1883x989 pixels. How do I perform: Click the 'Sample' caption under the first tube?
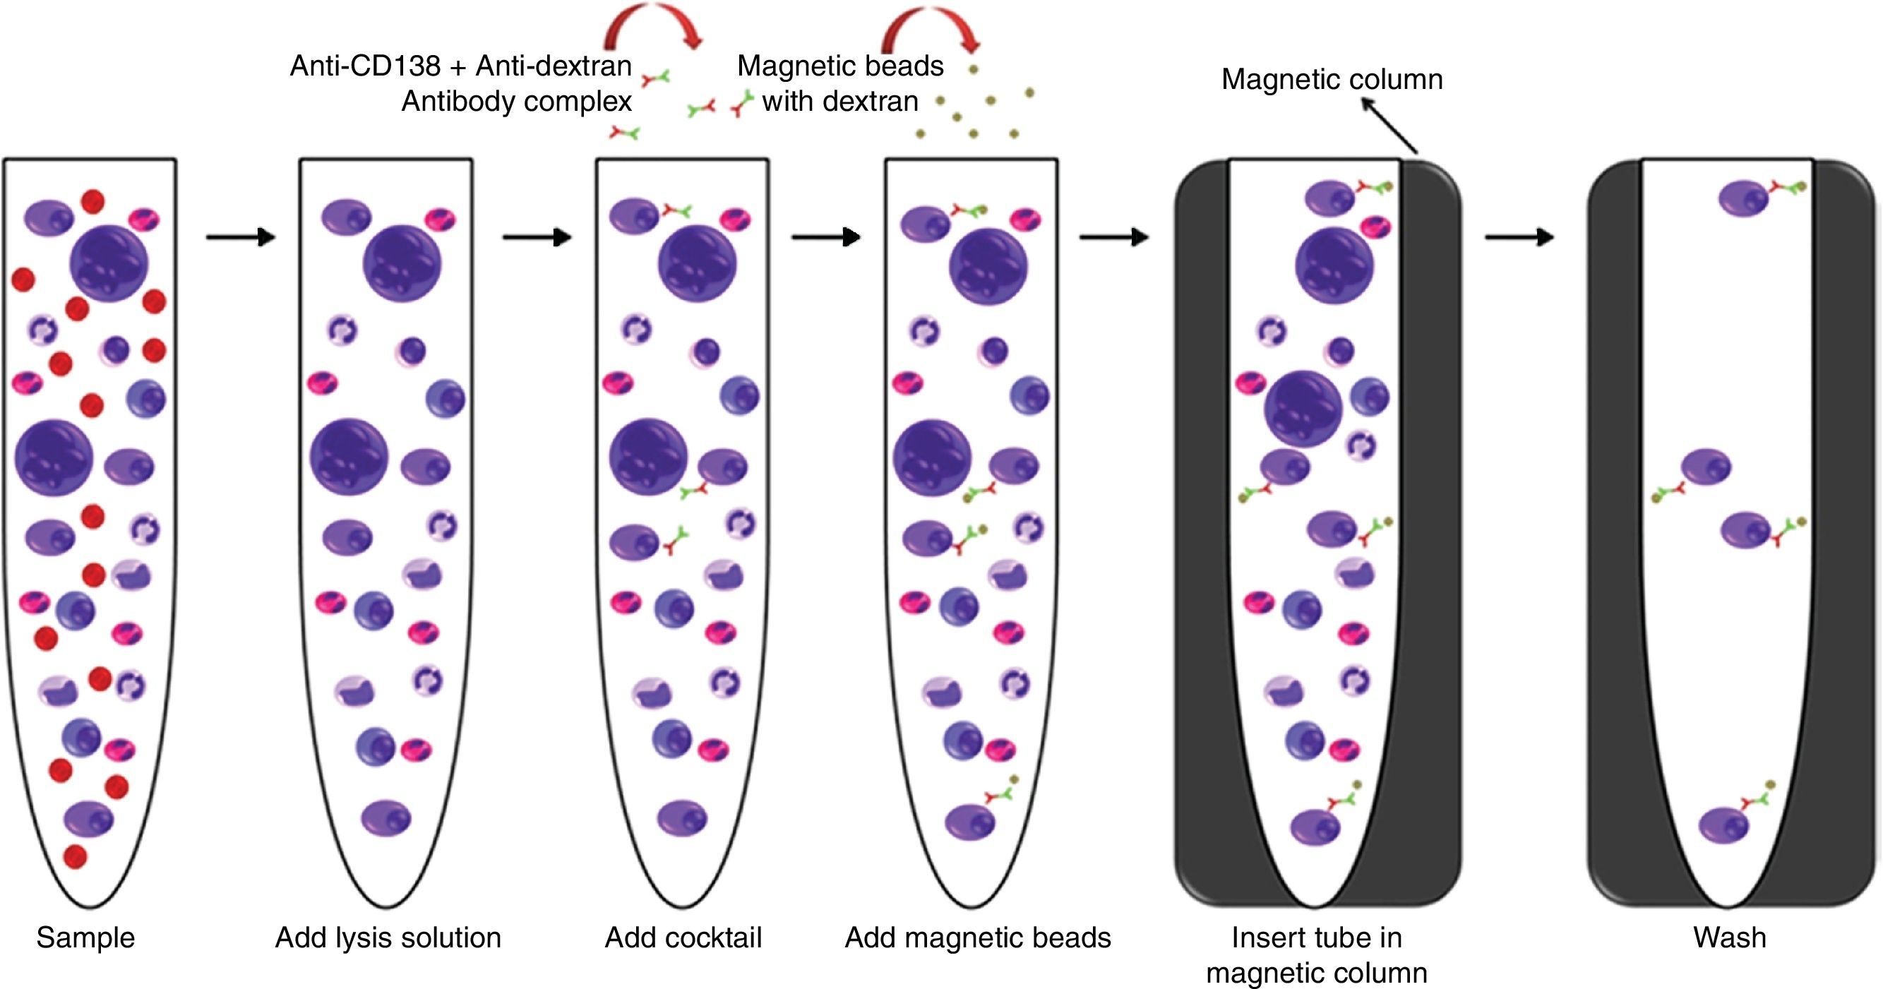pyautogui.click(x=85, y=938)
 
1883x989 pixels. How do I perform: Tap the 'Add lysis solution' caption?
pyautogui.click(x=388, y=938)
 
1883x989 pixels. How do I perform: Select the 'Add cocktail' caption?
pyautogui.click(x=683, y=938)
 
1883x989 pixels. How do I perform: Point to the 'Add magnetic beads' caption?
pyautogui.click(x=977, y=938)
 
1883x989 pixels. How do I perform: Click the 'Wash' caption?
pyautogui.click(x=1729, y=938)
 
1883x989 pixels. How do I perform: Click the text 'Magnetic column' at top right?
pyautogui.click(x=1332, y=79)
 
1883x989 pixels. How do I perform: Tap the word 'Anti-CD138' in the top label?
pyautogui.click(x=365, y=66)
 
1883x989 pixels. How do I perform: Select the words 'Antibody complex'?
pyautogui.click(x=516, y=101)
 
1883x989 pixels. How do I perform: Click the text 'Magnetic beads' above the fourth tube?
pyautogui.click(x=840, y=66)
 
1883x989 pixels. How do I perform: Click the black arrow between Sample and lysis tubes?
pyautogui.click(x=241, y=236)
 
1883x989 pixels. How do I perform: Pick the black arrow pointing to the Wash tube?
pyautogui.click(x=1519, y=236)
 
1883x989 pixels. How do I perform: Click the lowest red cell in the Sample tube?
pyautogui.click(x=75, y=856)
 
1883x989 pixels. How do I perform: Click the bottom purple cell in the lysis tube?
pyautogui.click(x=386, y=818)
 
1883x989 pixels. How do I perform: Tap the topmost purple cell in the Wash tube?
pyautogui.click(x=1743, y=198)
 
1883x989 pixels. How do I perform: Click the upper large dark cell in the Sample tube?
pyautogui.click(x=109, y=263)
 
